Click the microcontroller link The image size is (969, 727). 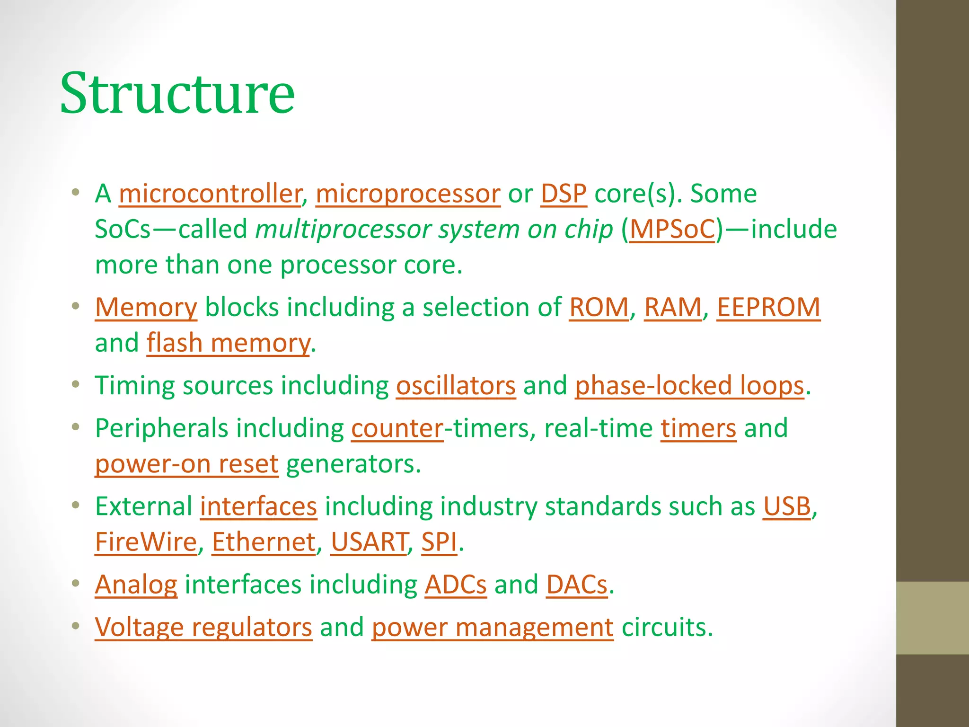tap(210, 194)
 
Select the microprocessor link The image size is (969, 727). tap(408, 194)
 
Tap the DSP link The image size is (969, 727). tap(564, 194)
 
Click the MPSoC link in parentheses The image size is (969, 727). tap(672, 230)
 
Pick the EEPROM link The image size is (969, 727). tap(768, 308)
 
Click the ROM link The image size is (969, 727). tap(599, 308)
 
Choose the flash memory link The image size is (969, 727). tap(228, 343)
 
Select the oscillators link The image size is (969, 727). tap(456, 386)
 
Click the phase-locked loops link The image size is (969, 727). tap(689, 386)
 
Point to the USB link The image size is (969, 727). tap(787, 506)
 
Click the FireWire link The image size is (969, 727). tap(146, 542)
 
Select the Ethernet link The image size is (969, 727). tap(264, 542)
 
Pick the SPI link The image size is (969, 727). tap(439, 542)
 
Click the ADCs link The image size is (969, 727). tap(455, 585)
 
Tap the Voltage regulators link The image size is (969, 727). tap(203, 628)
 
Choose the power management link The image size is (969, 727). tap(492, 628)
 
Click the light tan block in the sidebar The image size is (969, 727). tap(932, 618)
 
